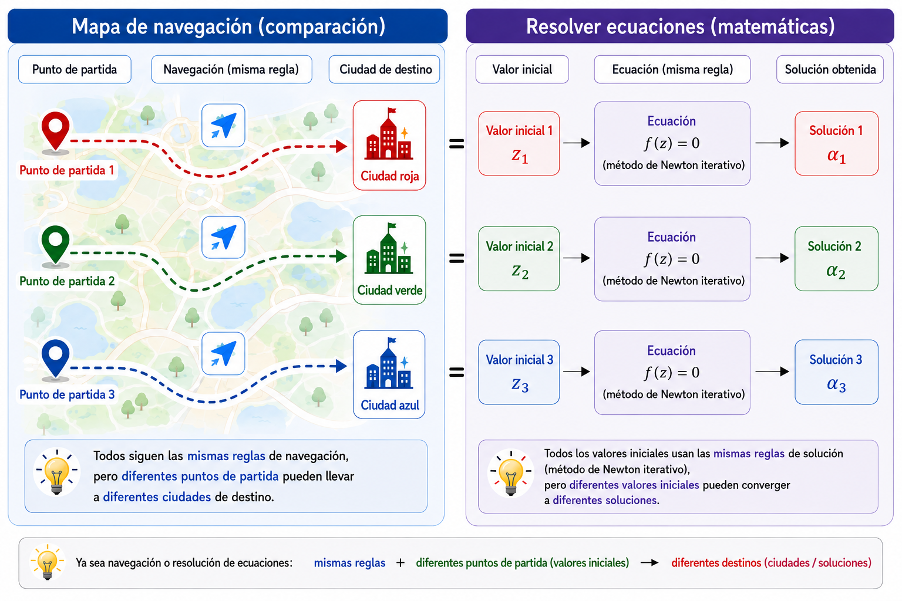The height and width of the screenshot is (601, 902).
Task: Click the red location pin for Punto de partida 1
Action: [56, 131]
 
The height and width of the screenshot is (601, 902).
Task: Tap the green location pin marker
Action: [56, 245]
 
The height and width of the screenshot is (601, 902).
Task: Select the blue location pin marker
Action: [56, 358]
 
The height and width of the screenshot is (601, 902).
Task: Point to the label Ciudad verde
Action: [390, 291]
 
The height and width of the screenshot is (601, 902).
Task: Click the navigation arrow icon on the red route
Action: [224, 126]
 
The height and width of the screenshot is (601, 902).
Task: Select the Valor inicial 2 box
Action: [519, 258]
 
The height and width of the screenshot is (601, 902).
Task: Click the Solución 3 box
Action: [836, 372]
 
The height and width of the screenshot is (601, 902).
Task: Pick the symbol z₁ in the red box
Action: [520, 156]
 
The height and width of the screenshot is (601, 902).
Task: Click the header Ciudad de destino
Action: [385, 69]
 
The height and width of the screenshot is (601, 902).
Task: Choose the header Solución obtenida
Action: [830, 69]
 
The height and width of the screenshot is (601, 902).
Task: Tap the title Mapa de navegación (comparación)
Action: [228, 26]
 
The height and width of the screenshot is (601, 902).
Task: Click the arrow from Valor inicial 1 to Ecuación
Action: [577, 143]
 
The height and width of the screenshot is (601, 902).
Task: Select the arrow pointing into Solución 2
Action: [772, 258]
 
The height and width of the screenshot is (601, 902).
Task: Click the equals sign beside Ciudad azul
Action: [457, 372]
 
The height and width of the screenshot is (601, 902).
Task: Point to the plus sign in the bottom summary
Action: [400, 563]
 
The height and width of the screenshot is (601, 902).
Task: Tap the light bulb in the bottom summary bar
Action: [48, 562]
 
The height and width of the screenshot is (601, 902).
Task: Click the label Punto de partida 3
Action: [67, 394]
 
